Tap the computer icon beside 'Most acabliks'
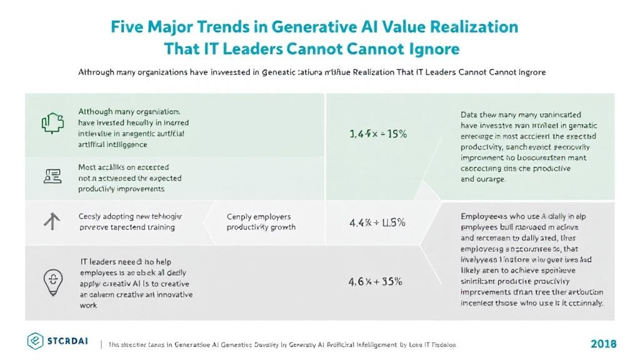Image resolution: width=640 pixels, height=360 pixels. [x=52, y=176]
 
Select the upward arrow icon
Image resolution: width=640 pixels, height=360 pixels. [x=52, y=221]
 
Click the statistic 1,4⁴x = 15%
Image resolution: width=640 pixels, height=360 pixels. [x=377, y=134]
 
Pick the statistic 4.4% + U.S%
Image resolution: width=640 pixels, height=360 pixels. [x=377, y=222]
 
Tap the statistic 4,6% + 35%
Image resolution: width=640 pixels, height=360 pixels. [x=375, y=281]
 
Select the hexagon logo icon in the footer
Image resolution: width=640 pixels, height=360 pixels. [x=36, y=341]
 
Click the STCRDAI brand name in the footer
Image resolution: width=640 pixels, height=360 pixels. [x=67, y=341]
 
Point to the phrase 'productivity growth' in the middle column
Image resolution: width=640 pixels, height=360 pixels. [x=261, y=227]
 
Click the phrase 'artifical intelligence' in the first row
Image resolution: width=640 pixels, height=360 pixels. [x=113, y=144]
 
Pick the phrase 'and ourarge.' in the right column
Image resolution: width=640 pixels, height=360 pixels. [x=482, y=179]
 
